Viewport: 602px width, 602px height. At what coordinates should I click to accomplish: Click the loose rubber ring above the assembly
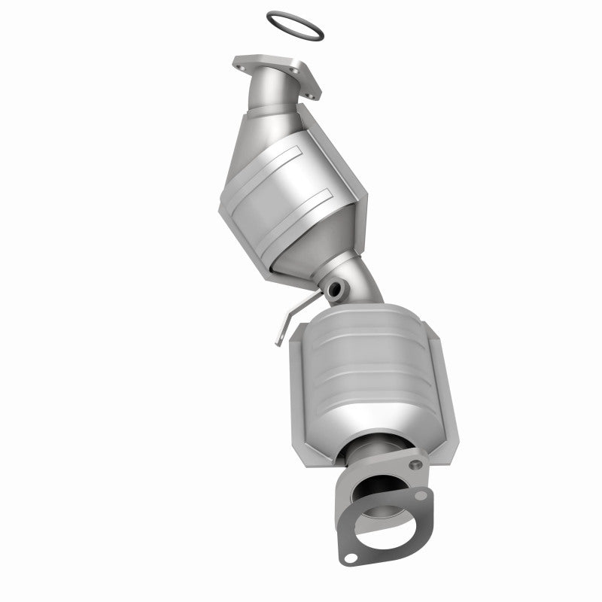coord(296,17)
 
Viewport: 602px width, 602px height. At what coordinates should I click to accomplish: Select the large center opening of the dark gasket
coord(385,519)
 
